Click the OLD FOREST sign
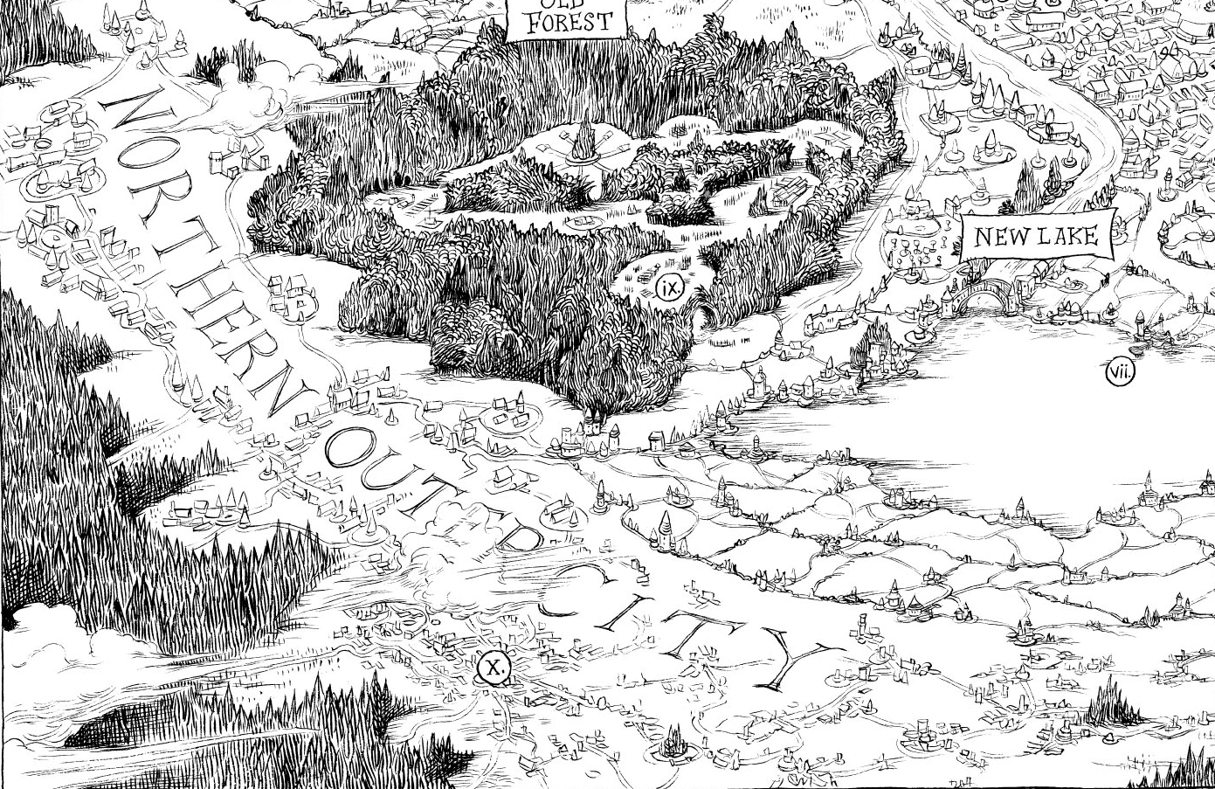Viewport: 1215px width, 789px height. (567, 18)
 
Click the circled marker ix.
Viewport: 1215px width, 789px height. (669, 288)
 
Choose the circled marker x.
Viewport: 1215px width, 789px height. (494, 669)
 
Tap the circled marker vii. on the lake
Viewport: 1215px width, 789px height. (1120, 373)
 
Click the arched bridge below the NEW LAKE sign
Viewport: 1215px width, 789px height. (983, 298)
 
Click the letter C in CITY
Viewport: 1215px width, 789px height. (568, 588)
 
